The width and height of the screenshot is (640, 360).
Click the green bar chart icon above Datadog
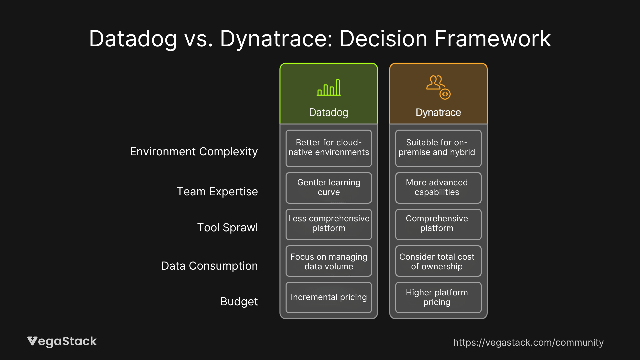click(x=329, y=88)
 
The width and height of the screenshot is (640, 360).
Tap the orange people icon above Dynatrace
click(x=438, y=87)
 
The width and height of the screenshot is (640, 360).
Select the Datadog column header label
click(x=329, y=113)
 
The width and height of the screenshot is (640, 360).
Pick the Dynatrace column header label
click(x=438, y=113)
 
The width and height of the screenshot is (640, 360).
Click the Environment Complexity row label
click(x=194, y=152)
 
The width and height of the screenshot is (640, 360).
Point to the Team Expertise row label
click(x=217, y=192)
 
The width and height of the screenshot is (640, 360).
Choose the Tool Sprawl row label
click(x=227, y=228)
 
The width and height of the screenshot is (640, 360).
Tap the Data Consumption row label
click(x=209, y=266)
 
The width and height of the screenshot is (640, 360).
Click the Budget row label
click(x=239, y=302)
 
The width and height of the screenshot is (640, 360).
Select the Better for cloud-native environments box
click(x=329, y=148)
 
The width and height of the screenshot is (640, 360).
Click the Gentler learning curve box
click(x=329, y=188)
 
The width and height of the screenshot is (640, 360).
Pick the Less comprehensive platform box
click(x=329, y=224)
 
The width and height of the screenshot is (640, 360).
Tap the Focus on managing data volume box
click(x=329, y=261)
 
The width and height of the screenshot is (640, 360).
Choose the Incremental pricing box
click(x=329, y=297)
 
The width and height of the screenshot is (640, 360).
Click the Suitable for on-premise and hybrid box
click(x=438, y=148)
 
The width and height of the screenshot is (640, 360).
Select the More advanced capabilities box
click(x=438, y=188)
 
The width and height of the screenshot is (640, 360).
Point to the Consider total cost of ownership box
click(x=438, y=261)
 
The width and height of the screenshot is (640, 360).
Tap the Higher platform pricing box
click(x=438, y=297)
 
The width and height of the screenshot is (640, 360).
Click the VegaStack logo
click(x=62, y=341)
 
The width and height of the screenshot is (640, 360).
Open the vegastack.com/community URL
click(x=528, y=343)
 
